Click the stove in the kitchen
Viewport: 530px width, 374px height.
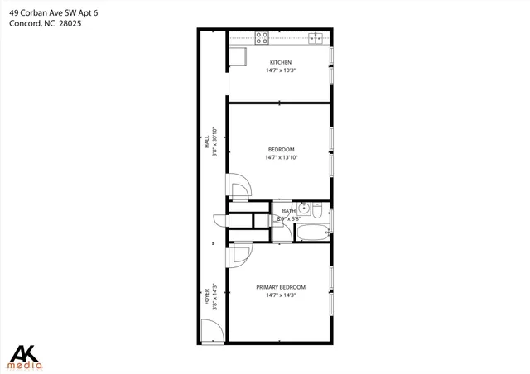[x=262, y=38]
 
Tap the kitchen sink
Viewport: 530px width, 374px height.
[x=316, y=38]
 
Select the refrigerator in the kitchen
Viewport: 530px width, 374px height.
[x=238, y=56]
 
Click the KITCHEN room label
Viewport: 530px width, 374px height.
[x=281, y=63]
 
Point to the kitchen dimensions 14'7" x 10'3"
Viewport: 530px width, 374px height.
[x=281, y=71]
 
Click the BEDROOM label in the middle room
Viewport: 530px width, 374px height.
[x=281, y=150]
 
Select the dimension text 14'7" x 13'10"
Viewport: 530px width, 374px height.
[x=281, y=157]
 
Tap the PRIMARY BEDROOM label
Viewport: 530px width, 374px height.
[x=281, y=288]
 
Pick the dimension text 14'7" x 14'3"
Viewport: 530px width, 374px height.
[x=281, y=295]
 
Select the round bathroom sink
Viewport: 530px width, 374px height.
[x=304, y=208]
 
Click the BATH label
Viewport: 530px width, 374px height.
[x=288, y=212]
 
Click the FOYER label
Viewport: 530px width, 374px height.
[x=207, y=296]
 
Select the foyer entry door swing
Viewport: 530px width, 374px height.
[x=212, y=331]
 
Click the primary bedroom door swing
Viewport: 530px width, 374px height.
[x=239, y=256]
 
